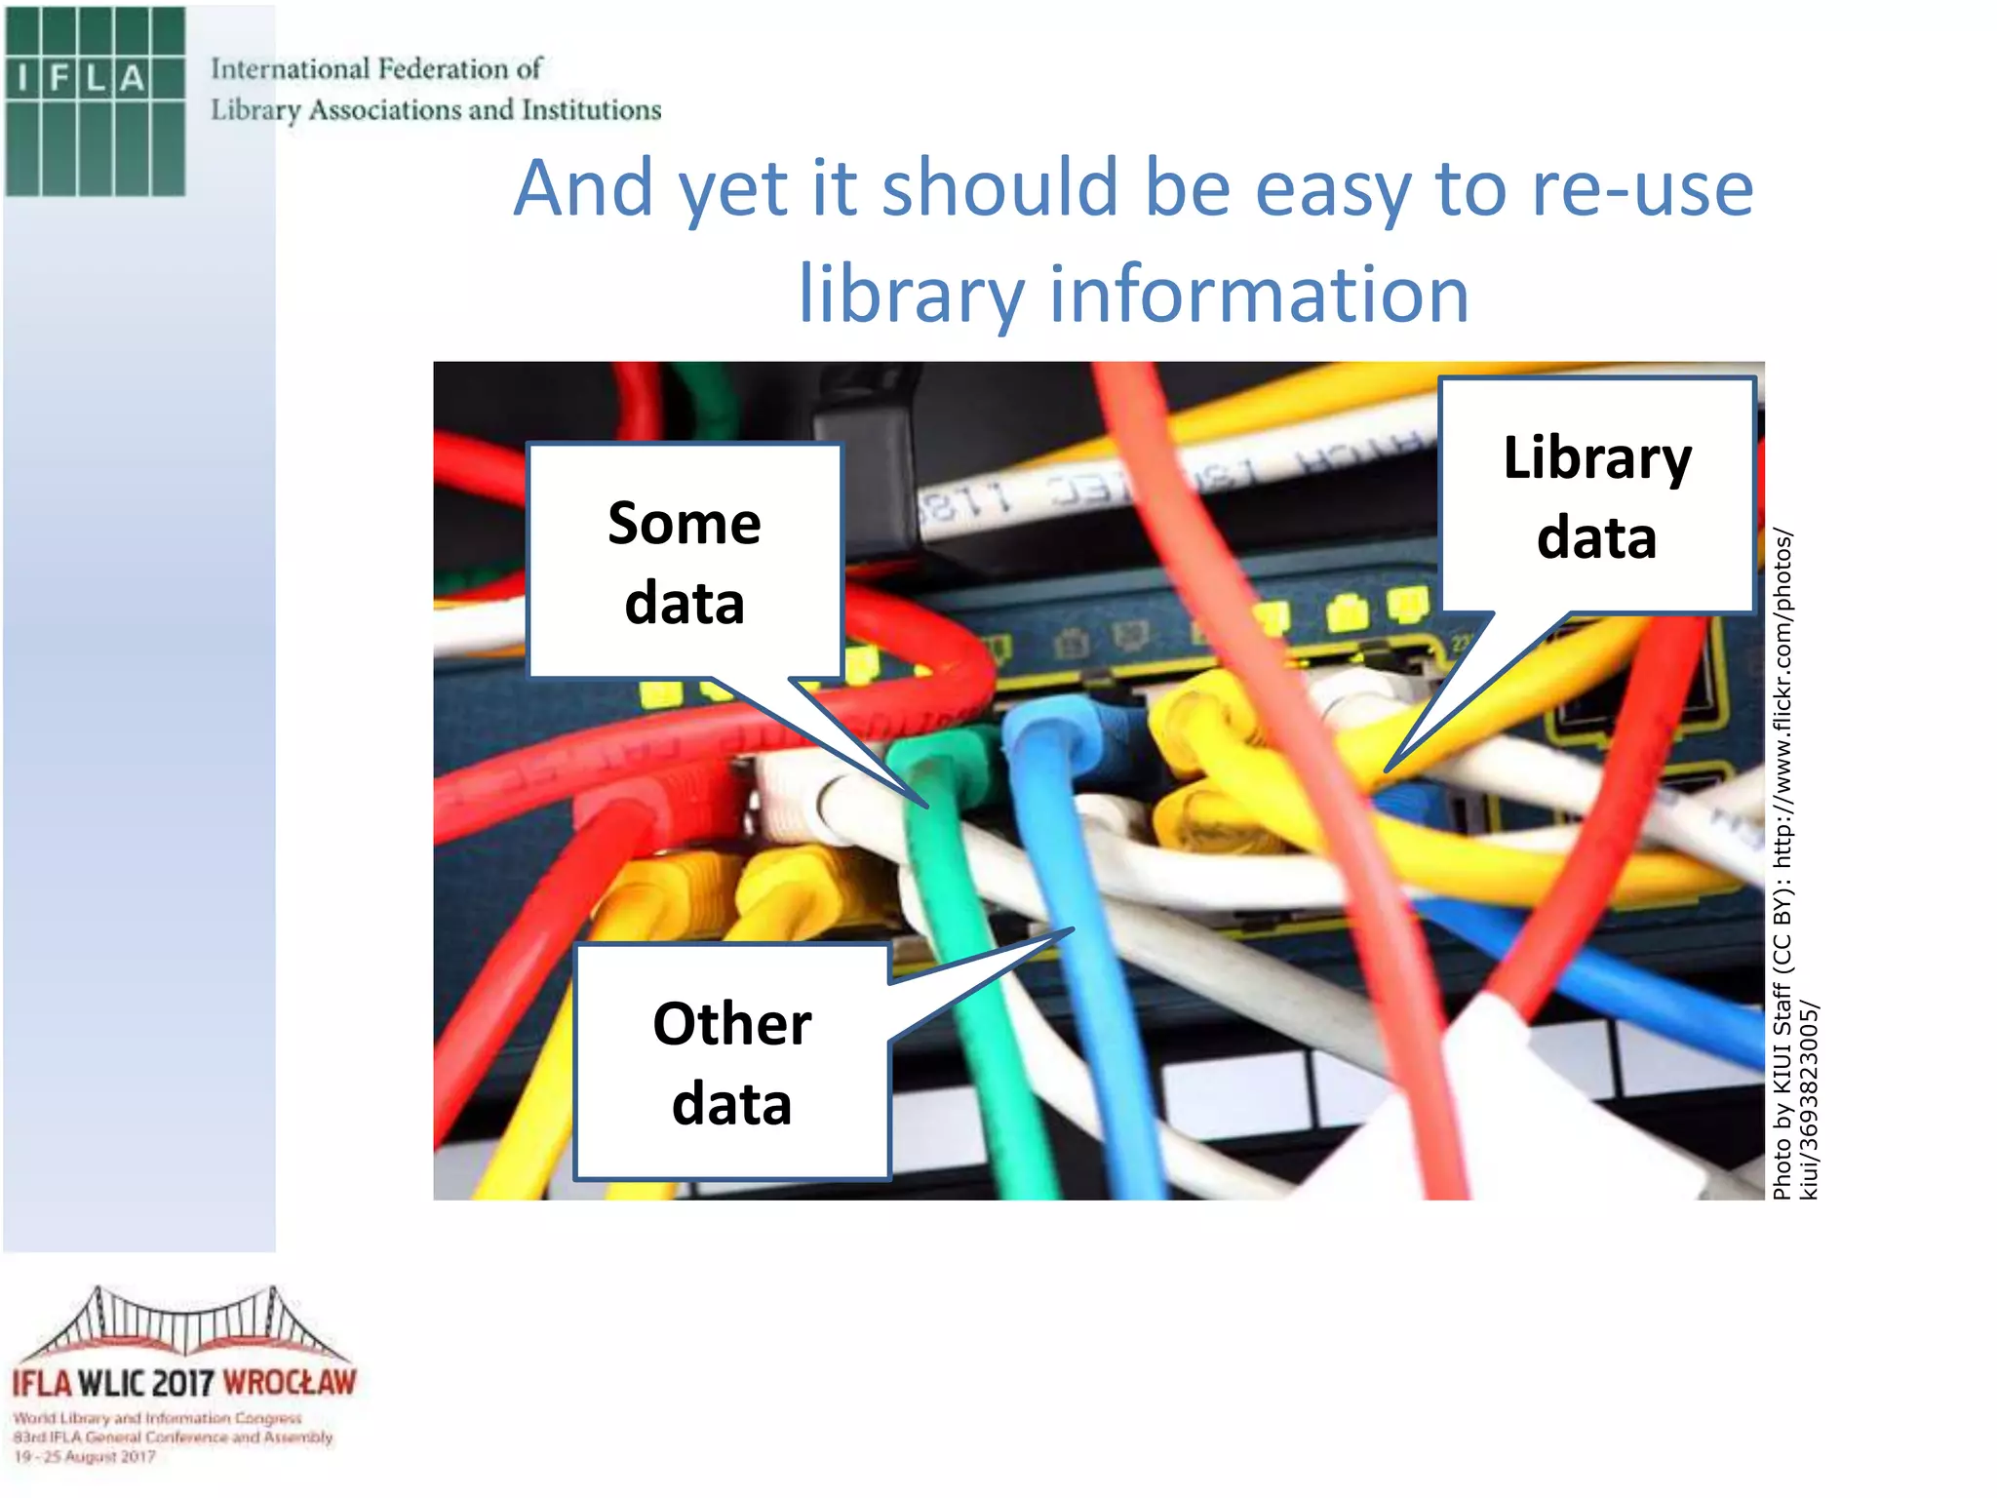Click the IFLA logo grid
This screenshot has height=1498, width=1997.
pos(95,101)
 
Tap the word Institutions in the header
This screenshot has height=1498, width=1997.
pos(591,110)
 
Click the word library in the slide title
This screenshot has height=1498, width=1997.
pos(911,294)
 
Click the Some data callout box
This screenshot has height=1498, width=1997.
pos(685,561)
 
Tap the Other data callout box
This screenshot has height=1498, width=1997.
pos(731,1062)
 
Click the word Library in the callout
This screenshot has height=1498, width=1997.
pos(1597,457)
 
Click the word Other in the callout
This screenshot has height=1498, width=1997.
pos(731,1024)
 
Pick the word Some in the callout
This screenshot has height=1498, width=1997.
pos(685,523)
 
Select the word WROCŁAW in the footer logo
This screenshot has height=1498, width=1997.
pos(290,1383)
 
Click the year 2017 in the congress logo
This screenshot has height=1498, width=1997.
pos(183,1383)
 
